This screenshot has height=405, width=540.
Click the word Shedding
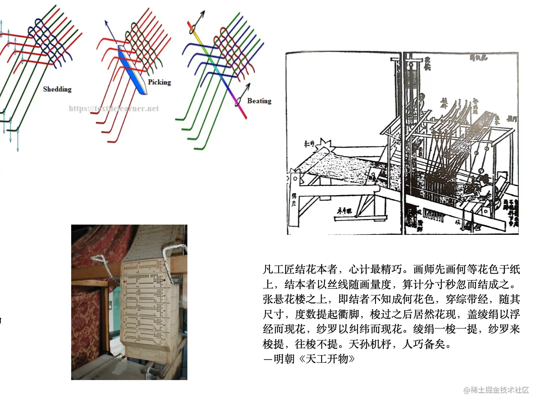[57, 89]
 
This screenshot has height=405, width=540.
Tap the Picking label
[160, 82]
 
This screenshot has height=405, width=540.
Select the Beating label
[259, 101]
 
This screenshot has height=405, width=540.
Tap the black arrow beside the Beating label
[243, 94]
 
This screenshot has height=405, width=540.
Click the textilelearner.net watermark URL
[114, 108]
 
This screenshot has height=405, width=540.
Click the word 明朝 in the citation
[284, 359]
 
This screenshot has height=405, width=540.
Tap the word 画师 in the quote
[423, 269]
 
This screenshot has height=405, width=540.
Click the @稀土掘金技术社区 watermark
[496, 390]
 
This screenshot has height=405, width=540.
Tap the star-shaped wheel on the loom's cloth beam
[326, 145]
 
